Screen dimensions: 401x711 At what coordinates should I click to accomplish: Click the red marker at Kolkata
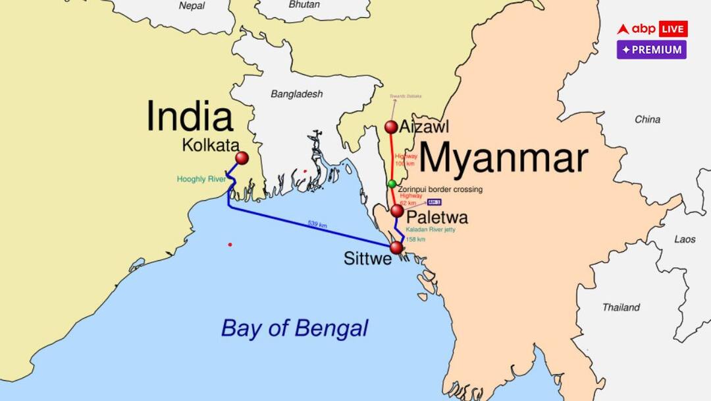click(x=242, y=158)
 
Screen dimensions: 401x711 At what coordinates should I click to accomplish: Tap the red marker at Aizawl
click(x=392, y=127)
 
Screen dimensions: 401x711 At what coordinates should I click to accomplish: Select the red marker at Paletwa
click(x=397, y=211)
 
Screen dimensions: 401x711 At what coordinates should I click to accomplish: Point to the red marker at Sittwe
click(x=396, y=247)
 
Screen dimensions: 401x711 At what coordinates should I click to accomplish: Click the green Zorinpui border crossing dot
click(x=392, y=183)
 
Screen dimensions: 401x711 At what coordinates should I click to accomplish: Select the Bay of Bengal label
click(x=294, y=328)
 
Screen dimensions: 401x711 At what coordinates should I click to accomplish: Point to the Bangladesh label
click(x=297, y=94)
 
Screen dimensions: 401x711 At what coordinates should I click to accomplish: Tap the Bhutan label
click(x=304, y=4)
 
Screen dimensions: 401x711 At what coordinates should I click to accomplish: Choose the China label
click(x=647, y=119)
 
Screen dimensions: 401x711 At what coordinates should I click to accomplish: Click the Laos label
click(x=685, y=239)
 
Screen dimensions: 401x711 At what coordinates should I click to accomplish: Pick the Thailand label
click(x=621, y=307)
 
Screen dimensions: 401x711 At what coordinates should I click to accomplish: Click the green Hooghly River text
click(x=201, y=179)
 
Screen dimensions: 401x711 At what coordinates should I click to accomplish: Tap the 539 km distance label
click(x=317, y=224)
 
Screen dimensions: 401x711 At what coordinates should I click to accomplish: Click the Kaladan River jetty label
click(x=430, y=230)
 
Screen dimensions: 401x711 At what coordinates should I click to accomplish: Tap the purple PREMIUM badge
click(x=652, y=50)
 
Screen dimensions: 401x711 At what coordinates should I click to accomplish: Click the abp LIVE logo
click(x=652, y=29)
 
